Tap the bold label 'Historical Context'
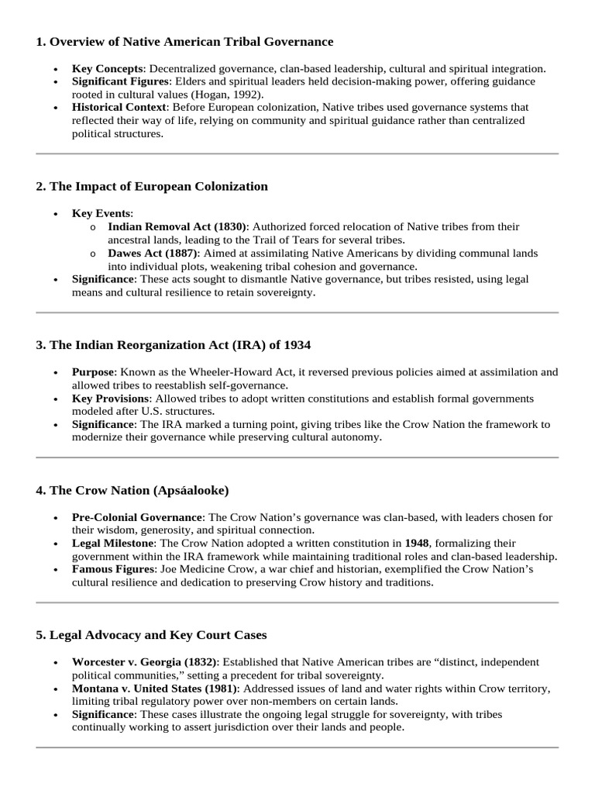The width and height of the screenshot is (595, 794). coord(119,107)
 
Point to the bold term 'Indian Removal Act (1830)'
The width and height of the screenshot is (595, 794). coord(177,226)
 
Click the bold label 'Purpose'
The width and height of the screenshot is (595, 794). coord(93,372)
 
